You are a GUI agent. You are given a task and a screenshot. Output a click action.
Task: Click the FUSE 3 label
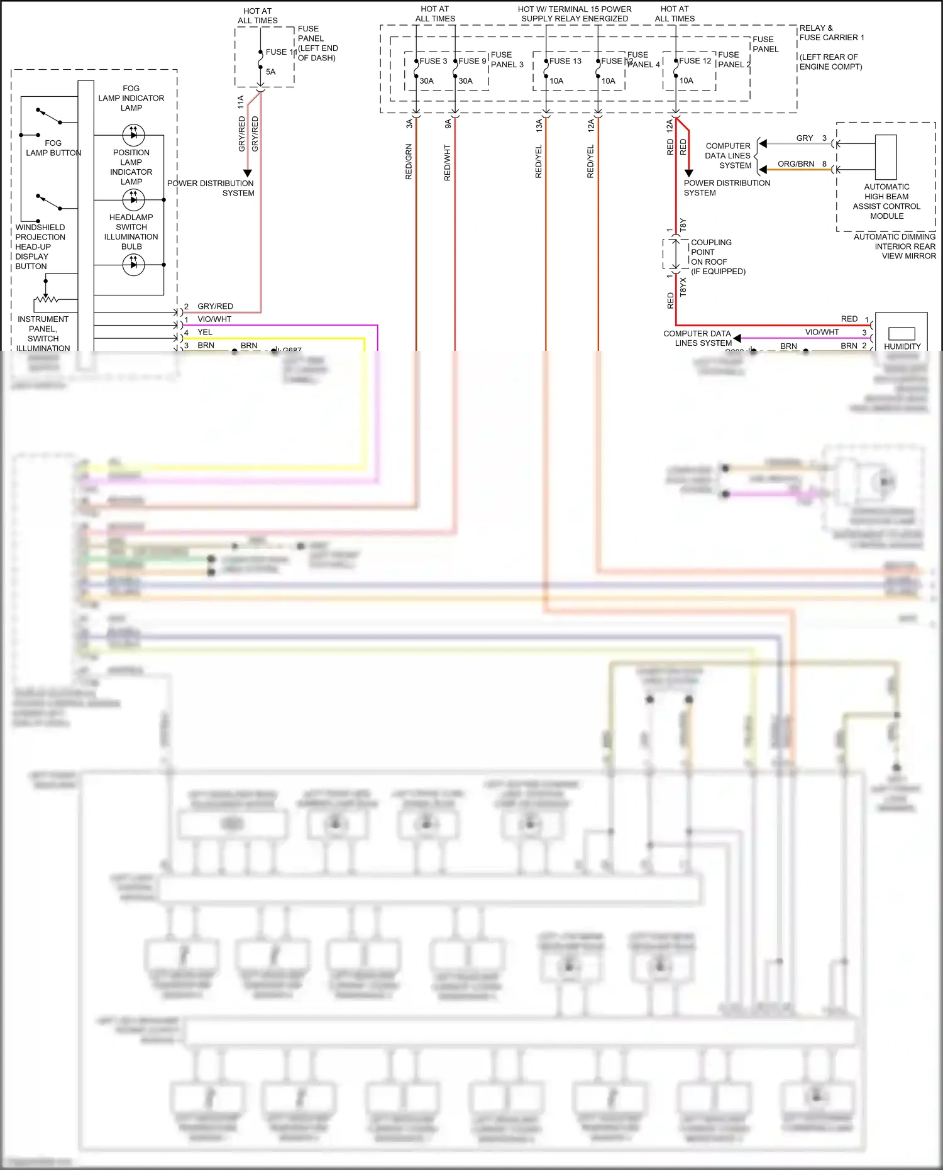[x=433, y=61]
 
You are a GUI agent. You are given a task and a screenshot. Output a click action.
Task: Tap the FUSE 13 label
[x=565, y=61]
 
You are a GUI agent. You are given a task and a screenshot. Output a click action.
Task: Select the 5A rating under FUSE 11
[x=270, y=72]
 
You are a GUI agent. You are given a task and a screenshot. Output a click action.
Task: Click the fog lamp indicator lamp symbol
[x=133, y=135]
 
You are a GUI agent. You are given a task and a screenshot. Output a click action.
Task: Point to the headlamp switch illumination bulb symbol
[x=133, y=265]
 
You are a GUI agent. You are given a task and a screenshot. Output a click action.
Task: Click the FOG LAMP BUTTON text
[x=53, y=148]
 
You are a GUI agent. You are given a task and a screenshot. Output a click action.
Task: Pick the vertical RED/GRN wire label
[x=409, y=162]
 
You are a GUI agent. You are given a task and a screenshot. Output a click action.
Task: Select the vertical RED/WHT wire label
[x=448, y=162]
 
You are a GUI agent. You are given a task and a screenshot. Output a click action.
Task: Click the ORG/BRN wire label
[x=795, y=164]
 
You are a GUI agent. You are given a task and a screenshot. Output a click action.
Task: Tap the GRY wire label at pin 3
[x=804, y=138]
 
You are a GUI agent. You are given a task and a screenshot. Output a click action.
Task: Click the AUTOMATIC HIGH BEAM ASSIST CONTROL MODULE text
[x=886, y=201]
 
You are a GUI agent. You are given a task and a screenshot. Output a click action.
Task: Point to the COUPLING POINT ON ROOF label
[x=711, y=252]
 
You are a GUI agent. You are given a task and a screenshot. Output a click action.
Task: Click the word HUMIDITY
[x=902, y=346]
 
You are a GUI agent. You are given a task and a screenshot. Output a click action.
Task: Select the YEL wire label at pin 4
[x=205, y=332]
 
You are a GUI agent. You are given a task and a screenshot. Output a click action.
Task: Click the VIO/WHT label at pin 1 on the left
[x=214, y=319]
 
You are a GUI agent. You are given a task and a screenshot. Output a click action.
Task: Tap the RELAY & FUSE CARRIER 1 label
[x=831, y=33]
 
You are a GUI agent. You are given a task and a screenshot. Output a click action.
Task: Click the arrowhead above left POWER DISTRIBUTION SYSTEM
[x=248, y=173]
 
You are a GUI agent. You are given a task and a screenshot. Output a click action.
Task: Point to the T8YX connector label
[x=683, y=287]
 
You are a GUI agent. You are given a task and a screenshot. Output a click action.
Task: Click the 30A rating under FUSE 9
[x=465, y=81]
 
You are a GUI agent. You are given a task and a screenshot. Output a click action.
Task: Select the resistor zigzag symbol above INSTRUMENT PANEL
[x=47, y=299]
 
